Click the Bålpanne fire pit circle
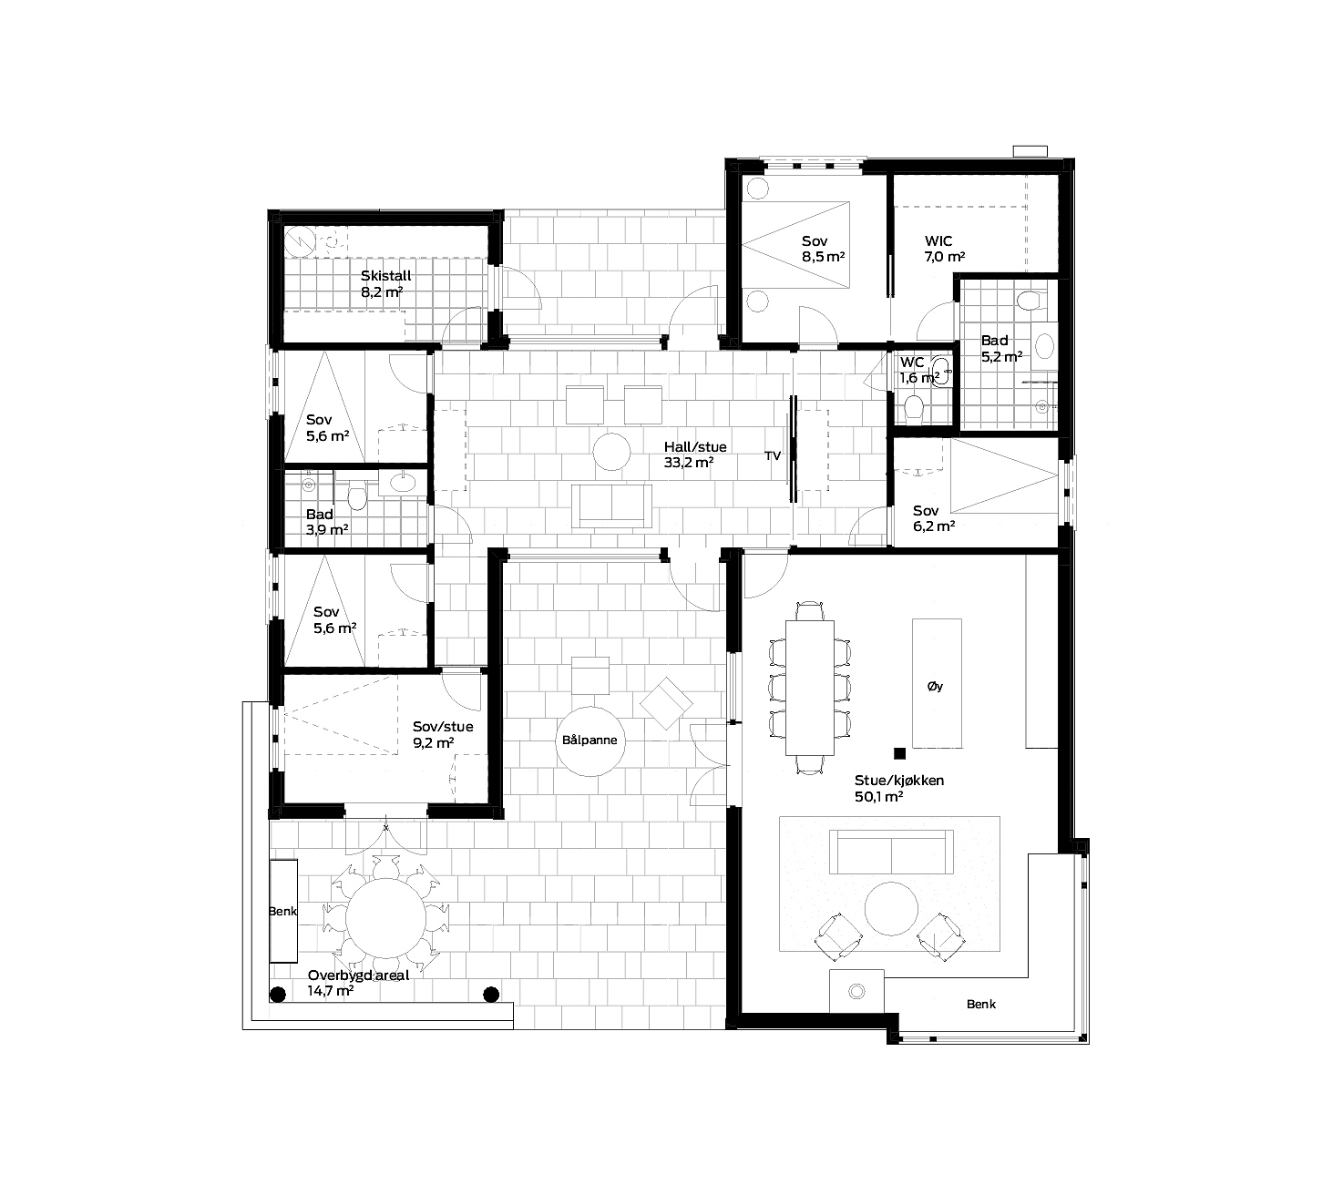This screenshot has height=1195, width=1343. tap(589, 740)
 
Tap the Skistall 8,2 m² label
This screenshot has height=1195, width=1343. tap(385, 283)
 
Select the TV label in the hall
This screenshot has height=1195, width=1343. tap(773, 456)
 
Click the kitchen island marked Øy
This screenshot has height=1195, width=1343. tap(937, 683)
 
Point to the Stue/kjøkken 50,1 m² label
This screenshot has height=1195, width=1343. tap(899, 788)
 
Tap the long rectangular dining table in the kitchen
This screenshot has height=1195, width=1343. tap(809, 688)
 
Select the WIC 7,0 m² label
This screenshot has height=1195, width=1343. tap(945, 249)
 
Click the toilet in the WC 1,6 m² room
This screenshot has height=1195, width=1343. tap(914, 407)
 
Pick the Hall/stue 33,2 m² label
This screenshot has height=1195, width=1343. tap(695, 455)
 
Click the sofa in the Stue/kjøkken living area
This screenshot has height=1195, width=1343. tap(891, 852)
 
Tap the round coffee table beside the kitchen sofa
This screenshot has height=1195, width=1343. tap(891, 908)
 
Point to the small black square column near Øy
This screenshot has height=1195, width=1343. tap(899, 753)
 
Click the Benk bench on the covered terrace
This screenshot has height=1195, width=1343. tap(283, 911)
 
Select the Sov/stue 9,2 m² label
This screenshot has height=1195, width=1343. tap(443, 734)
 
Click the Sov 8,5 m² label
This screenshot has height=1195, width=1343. tap(824, 249)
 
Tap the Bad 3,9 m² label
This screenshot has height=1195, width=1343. tap(327, 522)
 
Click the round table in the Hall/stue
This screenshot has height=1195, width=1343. tap(611, 452)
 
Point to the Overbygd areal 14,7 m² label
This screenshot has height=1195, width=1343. tap(358, 983)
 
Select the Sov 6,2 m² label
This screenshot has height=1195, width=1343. tap(933, 518)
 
